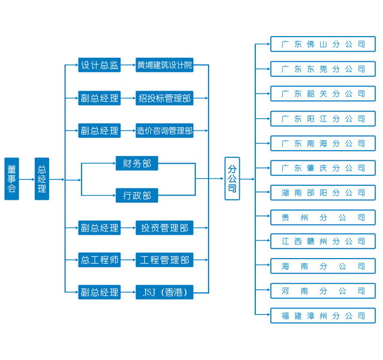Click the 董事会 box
tap(11, 179)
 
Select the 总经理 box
tap(42, 179)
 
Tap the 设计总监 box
tap(99, 65)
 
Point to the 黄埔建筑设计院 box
tap(164, 65)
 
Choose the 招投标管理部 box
tap(164, 98)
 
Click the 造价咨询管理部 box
tap(164, 130)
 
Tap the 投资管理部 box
tap(164, 228)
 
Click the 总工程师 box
tap(99, 260)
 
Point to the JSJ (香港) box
tap(164, 293)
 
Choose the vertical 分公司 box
tap(232, 179)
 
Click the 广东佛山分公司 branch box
tap(322, 44)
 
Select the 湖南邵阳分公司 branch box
tap(322, 193)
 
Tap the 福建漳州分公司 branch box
tap(322, 316)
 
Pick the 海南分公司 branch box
tap(322, 266)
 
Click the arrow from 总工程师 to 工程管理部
tap(128, 260)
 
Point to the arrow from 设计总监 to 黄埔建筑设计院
tap(128, 65)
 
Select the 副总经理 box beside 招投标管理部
tap(99, 98)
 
